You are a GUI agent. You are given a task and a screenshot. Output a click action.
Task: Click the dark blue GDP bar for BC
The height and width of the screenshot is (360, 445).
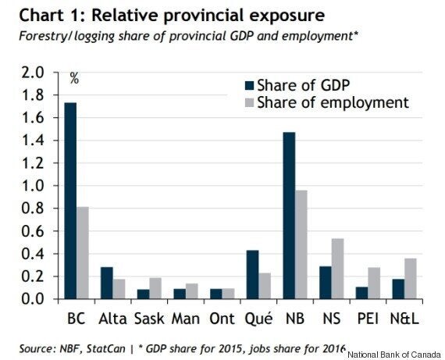coord(70,201)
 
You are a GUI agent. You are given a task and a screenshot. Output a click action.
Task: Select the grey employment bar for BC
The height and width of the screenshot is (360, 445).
coord(82,253)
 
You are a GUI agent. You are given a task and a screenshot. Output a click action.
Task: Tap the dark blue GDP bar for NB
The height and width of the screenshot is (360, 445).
coord(289,216)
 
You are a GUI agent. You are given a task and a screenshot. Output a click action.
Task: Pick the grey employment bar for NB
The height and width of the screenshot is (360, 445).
coord(301,244)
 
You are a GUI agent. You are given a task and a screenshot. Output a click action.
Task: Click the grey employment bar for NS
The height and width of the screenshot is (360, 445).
coord(337,269)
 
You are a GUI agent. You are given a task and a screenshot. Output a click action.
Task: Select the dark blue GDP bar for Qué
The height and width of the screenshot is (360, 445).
coord(253,275)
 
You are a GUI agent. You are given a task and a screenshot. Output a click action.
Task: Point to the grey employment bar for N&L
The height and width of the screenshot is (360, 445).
coord(411,279)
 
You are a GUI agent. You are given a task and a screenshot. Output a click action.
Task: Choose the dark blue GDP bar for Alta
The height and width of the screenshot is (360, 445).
coord(107,283)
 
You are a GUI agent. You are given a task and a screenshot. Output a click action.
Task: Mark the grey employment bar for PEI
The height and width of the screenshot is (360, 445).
coord(374,283)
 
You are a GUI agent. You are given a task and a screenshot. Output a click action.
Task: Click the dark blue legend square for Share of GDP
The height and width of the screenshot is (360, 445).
coord(249,85)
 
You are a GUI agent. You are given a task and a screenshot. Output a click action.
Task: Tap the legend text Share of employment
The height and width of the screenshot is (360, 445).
coord(333,103)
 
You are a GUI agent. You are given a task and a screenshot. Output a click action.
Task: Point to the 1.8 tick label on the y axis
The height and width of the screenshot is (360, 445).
coord(32,95)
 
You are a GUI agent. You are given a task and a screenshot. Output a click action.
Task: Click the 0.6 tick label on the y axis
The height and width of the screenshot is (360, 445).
coord(32,231)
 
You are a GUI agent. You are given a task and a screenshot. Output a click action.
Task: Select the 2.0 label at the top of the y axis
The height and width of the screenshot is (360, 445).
coord(32,73)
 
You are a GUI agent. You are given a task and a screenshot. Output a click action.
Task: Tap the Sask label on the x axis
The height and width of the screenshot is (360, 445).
coord(149,319)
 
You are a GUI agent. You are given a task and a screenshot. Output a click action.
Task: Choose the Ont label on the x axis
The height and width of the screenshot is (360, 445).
coord(222,319)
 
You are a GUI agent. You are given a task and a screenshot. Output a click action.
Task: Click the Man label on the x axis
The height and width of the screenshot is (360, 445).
coord(186,319)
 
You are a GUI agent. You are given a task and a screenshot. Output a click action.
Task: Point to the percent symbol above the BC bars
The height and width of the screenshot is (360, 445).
coord(74,78)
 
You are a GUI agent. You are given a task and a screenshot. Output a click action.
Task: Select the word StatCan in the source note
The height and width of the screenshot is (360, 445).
coord(106,348)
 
